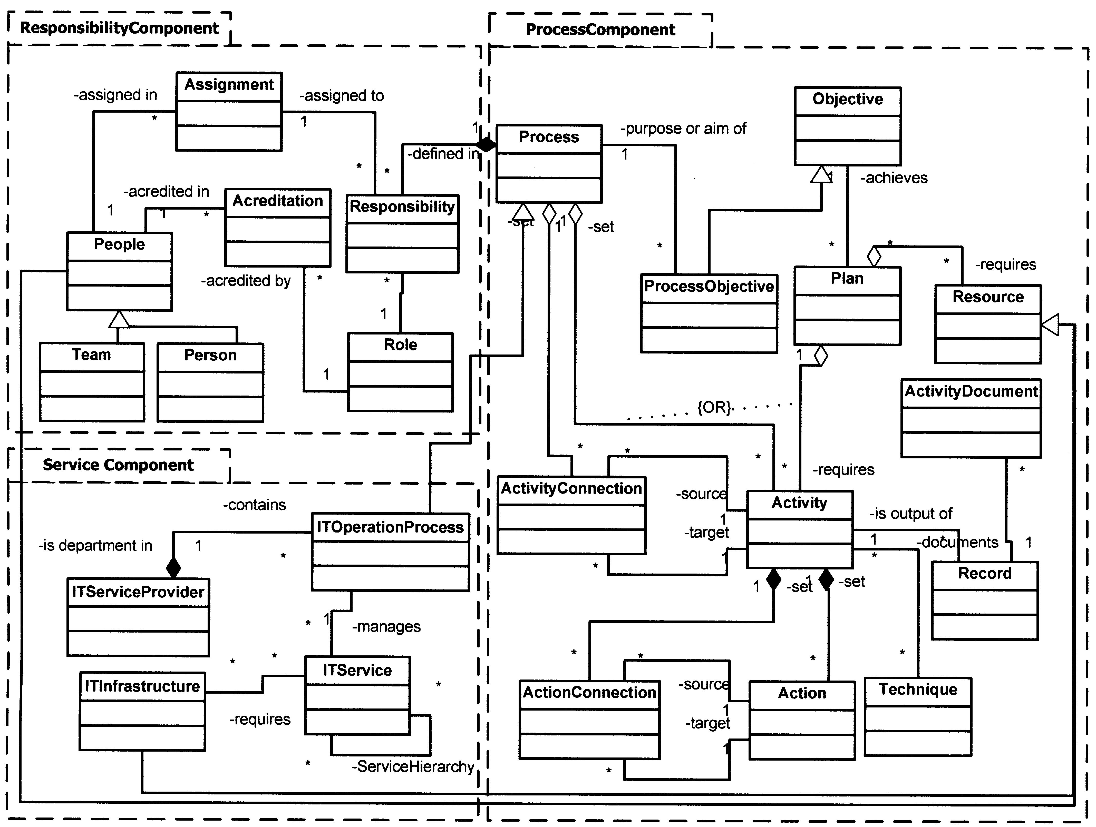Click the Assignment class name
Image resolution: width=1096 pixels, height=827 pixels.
tap(229, 85)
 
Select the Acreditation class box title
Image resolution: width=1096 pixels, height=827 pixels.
tap(277, 201)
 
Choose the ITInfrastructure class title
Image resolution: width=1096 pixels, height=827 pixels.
tap(142, 686)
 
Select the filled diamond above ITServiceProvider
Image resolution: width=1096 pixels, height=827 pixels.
tap(173, 567)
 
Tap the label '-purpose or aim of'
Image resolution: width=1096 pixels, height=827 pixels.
tap(683, 129)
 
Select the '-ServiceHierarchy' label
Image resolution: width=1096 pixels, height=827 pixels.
tap(413, 766)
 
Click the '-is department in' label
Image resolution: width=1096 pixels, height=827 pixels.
tap(95, 546)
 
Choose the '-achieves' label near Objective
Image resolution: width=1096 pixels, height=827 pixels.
tap(894, 178)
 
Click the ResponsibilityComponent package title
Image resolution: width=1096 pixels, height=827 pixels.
tap(119, 28)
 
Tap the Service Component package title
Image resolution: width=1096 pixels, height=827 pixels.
tap(118, 465)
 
